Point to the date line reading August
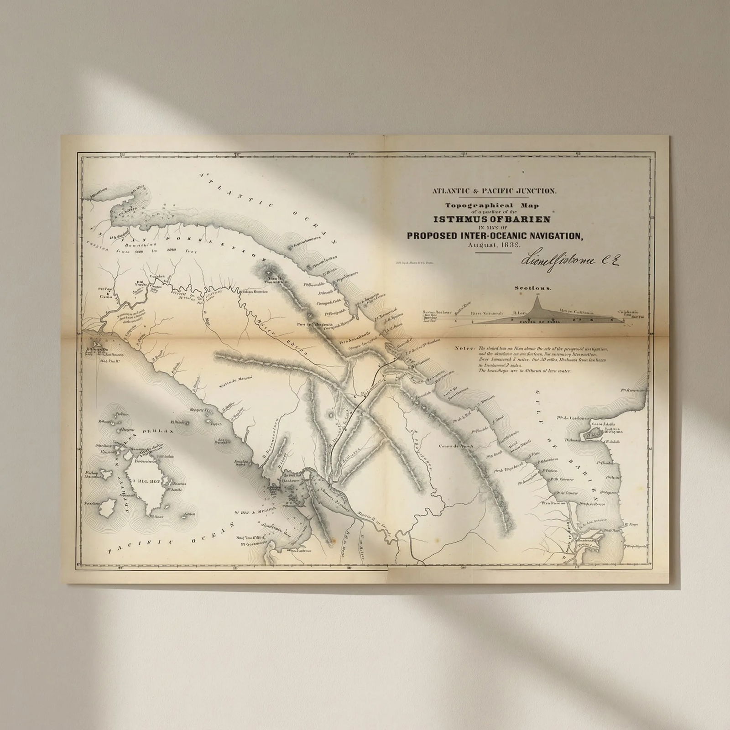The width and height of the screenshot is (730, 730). point(480,245)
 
